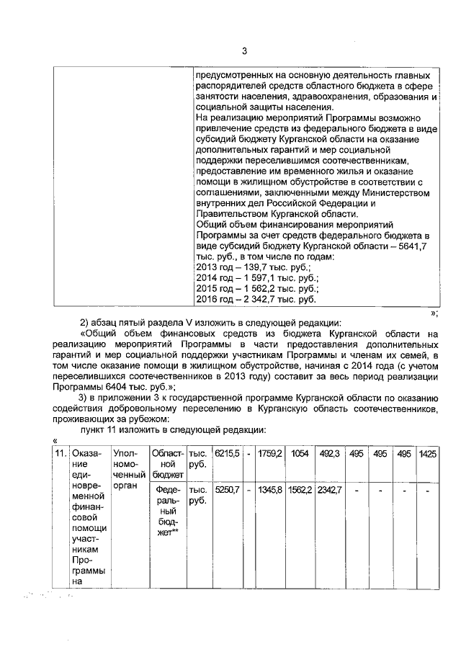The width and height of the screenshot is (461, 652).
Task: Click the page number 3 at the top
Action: (x=244, y=50)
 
